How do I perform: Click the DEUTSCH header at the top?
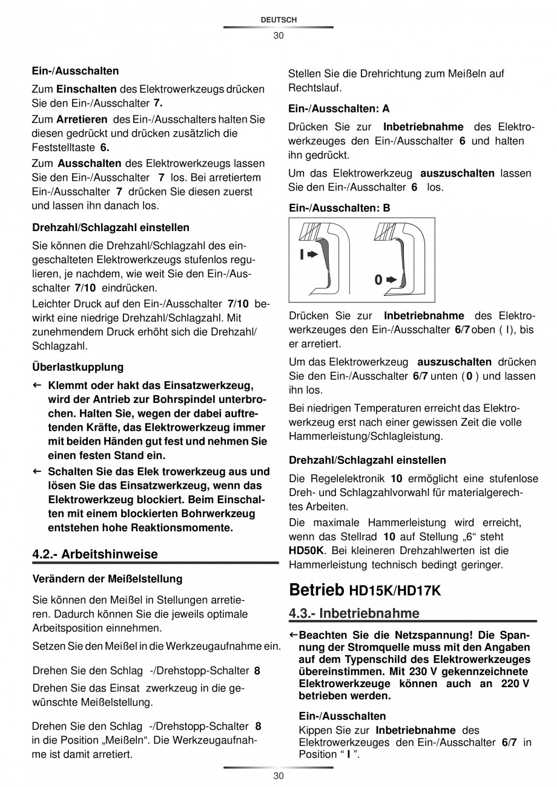(x=278, y=20)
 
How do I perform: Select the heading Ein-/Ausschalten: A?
(x=339, y=109)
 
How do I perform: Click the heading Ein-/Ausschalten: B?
(x=339, y=208)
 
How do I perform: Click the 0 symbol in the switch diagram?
(x=378, y=280)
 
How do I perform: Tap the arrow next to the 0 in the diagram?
(x=392, y=280)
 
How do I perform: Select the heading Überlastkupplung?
(x=77, y=367)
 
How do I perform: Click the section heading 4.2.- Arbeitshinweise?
(x=94, y=554)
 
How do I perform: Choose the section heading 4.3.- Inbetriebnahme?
(x=354, y=613)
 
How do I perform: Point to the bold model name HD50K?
(x=306, y=551)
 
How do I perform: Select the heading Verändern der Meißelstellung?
(x=107, y=579)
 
